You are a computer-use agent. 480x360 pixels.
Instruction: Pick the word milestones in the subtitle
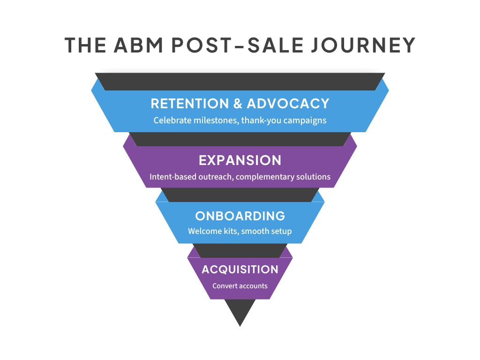(x=216, y=120)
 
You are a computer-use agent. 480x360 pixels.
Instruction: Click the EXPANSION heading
(x=240, y=160)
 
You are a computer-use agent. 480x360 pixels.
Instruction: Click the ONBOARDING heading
(x=240, y=216)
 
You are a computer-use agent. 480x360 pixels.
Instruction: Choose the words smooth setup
(x=266, y=231)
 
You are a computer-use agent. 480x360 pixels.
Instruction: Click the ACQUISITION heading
(x=240, y=270)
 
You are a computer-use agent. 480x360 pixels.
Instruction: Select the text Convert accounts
(x=240, y=286)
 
